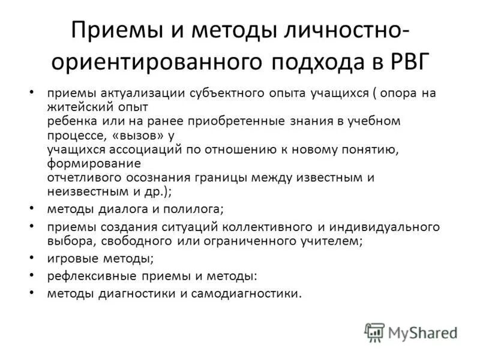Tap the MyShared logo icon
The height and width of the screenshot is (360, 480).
374,332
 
